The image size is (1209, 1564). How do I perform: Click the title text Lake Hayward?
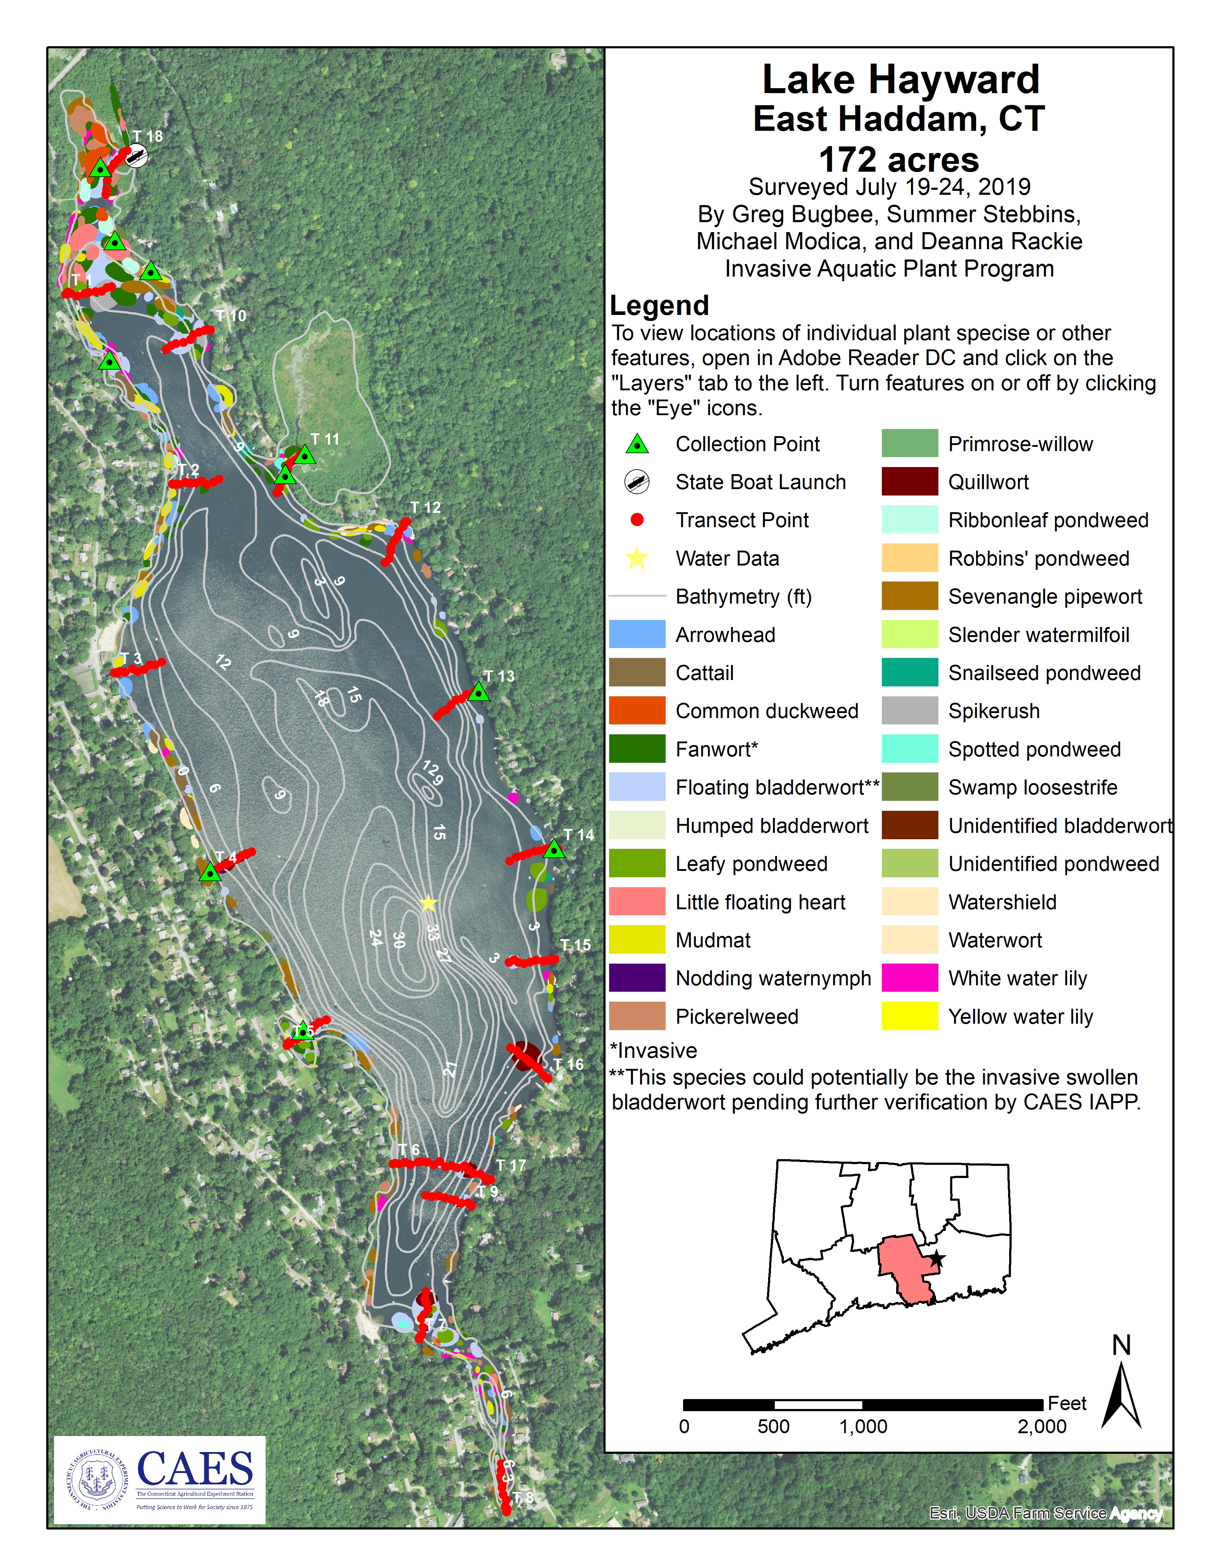(900, 80)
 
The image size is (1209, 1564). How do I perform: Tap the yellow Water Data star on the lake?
(427, 903)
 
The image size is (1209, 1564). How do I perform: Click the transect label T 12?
(425, 508)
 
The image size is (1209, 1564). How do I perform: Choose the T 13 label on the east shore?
(499, 676)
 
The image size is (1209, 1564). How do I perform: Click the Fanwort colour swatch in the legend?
(637, 749)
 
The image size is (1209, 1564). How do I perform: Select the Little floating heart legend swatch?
(637, 901)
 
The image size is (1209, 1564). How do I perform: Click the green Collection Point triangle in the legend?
(637, 445)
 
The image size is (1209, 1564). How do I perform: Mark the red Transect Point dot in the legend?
(637, 520)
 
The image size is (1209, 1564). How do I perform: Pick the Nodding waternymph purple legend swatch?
(637, 978)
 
